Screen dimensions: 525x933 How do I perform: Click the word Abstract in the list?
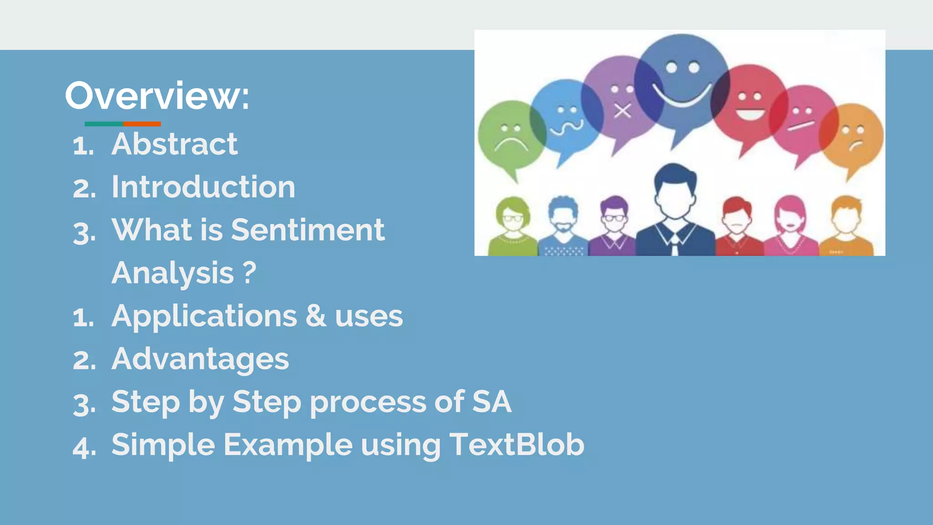(x=174, y=144)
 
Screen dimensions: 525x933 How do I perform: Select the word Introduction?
(x=203, y=187)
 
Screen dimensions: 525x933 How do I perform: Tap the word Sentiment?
(x=308, y=230)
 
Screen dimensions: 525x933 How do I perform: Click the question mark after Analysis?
(x=249, y=273)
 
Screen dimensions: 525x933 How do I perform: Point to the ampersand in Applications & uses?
(x=316, y=315)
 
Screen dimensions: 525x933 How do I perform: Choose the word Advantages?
(x=200, y=359)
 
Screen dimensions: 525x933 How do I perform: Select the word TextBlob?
(x=517, y=444)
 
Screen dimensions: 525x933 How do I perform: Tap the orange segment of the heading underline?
(x=142, y=124)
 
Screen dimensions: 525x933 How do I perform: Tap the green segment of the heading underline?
(x=103, y=124)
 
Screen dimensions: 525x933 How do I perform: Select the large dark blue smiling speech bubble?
(x=681, y=82)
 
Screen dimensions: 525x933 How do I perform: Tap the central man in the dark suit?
(x=675, y=214)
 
